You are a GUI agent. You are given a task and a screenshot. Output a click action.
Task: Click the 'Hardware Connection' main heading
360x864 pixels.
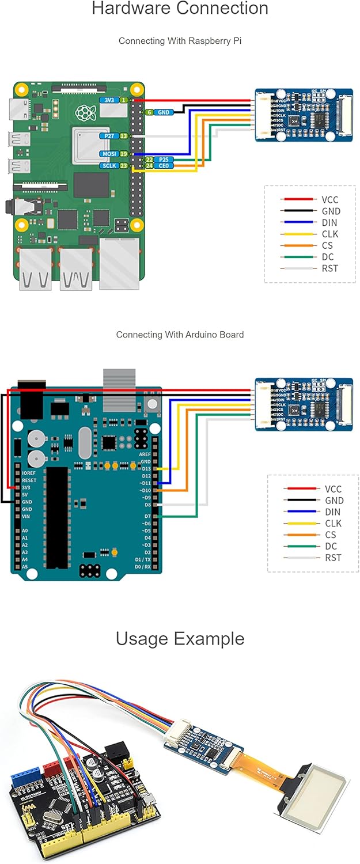point(180,9)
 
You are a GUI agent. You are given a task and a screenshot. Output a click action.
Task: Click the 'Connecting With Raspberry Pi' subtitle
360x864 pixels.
point(180,41)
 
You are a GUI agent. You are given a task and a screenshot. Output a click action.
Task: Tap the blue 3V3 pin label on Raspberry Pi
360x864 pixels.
point(108,100)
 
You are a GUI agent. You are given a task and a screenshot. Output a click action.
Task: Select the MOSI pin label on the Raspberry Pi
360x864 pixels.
point(108,154)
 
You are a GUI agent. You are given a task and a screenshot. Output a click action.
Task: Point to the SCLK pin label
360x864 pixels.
point(108,165)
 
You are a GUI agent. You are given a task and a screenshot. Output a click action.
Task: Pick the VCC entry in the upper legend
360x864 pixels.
point(330,200)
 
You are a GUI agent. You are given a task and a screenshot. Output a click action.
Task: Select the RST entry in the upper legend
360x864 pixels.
point(330,268)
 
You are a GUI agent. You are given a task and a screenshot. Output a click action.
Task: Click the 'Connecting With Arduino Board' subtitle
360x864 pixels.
point(180,335)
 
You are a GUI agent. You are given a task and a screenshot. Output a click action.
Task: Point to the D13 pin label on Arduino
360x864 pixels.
point(146,469)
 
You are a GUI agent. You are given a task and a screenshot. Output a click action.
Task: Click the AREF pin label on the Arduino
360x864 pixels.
point(145,454)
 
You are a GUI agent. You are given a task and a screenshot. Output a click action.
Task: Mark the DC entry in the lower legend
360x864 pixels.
point(334,546)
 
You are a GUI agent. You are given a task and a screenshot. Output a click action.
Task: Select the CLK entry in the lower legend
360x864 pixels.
point(334,524)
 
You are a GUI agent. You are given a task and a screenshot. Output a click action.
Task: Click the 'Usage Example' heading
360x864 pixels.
point(180,639)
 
